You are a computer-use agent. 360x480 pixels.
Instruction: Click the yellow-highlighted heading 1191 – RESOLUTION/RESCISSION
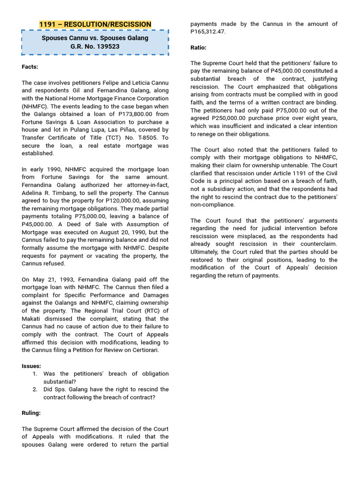[95, 24]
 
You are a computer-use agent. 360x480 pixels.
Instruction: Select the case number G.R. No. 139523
[95, 46]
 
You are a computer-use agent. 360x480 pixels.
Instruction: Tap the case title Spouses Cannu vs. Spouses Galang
[95, 37]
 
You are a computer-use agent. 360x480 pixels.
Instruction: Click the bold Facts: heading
[30, 67]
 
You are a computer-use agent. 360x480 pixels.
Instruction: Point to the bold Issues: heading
[31, 366]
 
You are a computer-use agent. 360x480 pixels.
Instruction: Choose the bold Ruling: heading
[31, 413]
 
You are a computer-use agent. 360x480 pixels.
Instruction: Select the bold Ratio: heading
[198, 47]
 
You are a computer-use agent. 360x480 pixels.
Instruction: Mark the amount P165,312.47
[208, 32]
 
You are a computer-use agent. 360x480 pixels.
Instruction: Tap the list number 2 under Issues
[35, 390]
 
